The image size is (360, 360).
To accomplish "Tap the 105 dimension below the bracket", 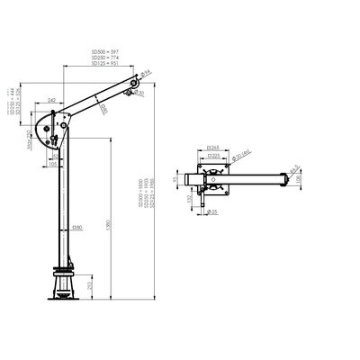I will [x=54, y=165].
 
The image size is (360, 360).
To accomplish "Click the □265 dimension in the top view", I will [x=214, y=145].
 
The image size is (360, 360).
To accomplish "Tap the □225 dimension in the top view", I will [x=214, y=153].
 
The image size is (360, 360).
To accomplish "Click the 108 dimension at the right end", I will [x=301, y=180].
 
